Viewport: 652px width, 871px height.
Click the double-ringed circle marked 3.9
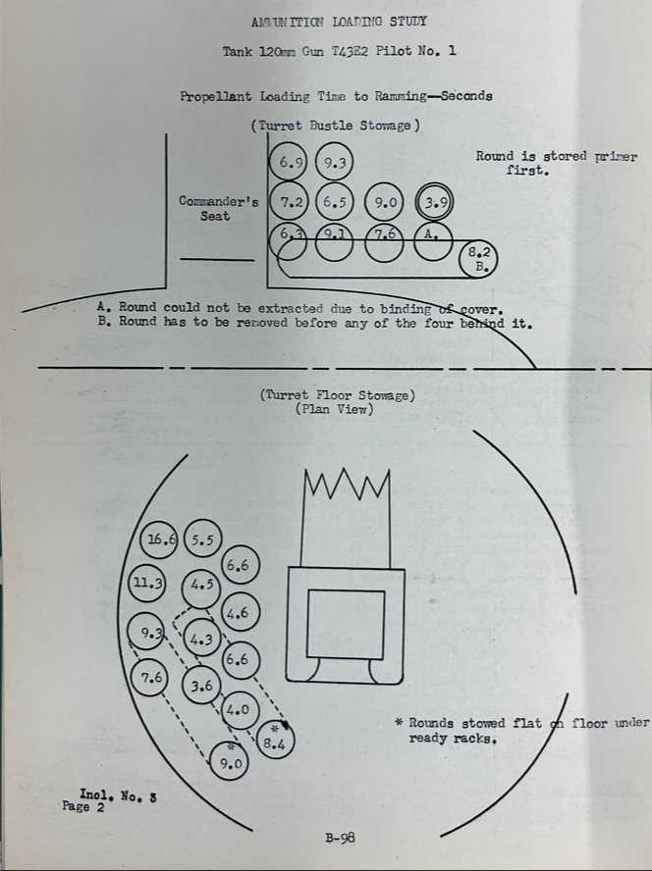(x=434, y=202)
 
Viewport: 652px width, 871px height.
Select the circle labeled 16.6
(x=158, y=539)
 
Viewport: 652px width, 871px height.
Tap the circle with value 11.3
(x=147, y=583)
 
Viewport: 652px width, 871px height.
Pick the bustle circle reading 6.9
(x=288, y=162)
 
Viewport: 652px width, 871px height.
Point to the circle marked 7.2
(x=288, y=202)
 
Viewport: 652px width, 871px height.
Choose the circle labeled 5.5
(x=202, y=538)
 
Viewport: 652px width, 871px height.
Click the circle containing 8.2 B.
(x=478, y=259)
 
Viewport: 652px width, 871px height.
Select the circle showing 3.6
(x=202, y=686)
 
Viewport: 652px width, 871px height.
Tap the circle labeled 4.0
(x=240, y=710)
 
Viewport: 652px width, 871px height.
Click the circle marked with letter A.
(x=433, y=241)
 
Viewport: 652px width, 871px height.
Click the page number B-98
(x=340, y=837)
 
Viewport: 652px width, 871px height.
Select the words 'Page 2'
(x=82, y=806)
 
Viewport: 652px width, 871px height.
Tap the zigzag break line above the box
(x=347, y=485)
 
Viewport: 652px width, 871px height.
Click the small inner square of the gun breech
(x=346, y=625)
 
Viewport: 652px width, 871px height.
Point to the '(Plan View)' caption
(x=334, y=409)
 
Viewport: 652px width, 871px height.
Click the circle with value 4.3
(x=202, y=639)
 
